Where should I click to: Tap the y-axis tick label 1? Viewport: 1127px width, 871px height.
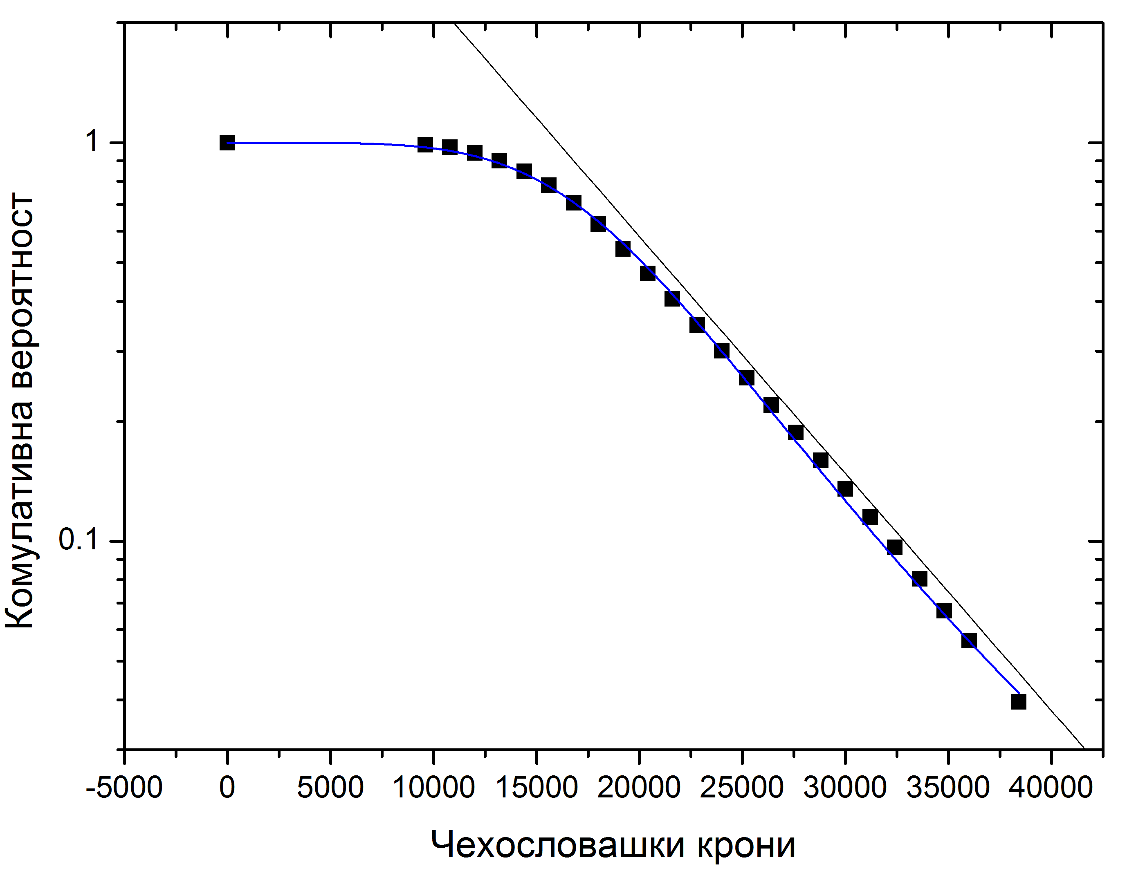(x=92, y=140)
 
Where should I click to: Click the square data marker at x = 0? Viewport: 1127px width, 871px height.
(x=227, y=143)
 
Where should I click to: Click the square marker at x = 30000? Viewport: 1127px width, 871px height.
(x=845, y=488)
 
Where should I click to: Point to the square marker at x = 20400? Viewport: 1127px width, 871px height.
(x=648, y=273)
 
